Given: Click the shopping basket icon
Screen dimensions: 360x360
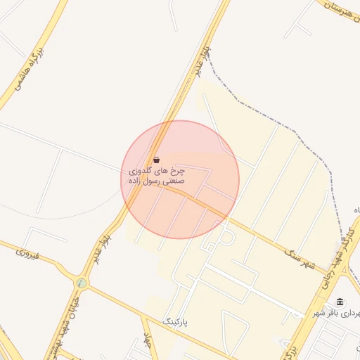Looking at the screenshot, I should tap(156, 160).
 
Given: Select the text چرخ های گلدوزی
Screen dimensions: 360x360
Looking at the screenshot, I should tap(157, 171).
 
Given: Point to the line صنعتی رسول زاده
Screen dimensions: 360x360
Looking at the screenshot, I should tap(156, 181).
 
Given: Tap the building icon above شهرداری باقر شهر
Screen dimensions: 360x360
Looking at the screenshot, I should tap(340, 302).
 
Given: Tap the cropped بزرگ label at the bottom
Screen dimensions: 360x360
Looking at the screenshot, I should tap(289, 349).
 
